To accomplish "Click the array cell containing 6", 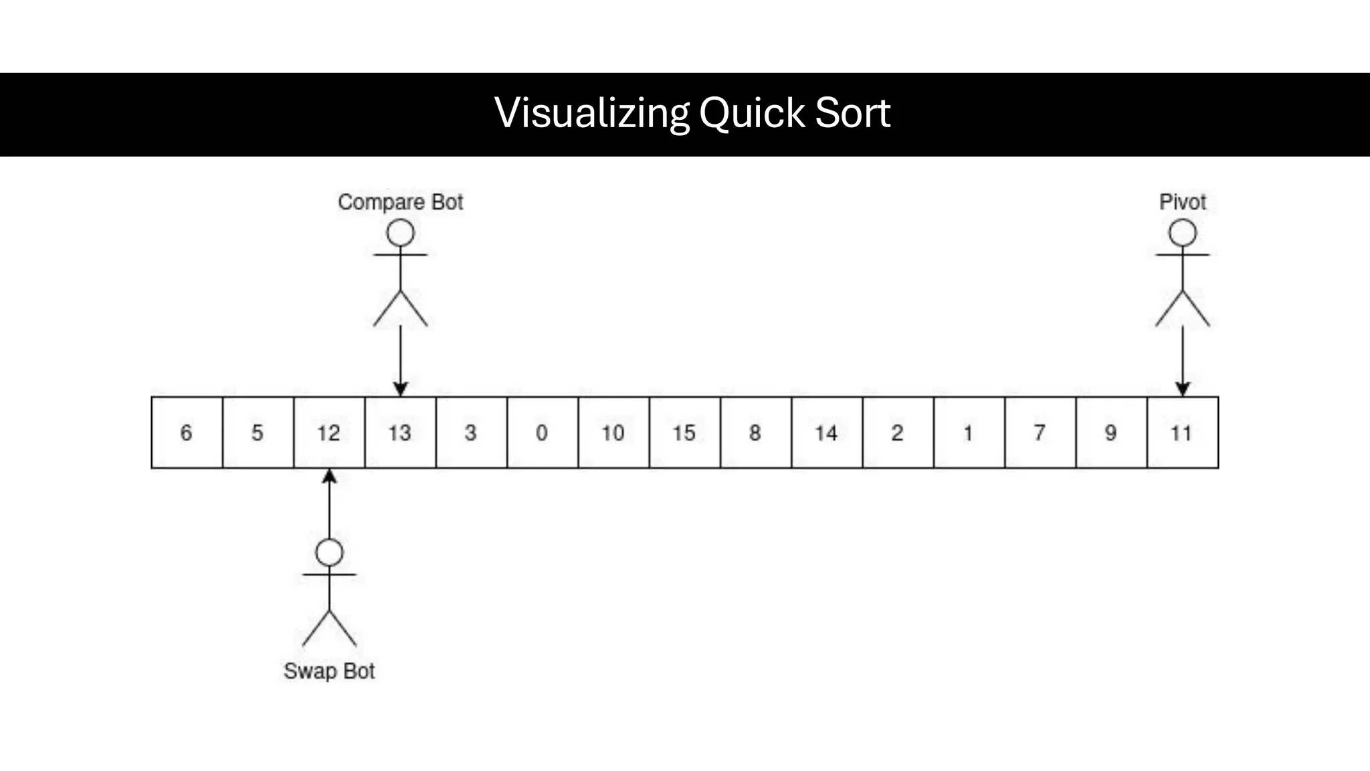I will (x=187, y=432).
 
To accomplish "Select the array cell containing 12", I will (x=329, y=432).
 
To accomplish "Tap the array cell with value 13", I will (x=400, y=432).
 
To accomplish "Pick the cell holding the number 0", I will (x=542, y=432).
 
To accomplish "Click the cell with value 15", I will (x=684, y=432).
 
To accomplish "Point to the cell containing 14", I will (x=827, y=432).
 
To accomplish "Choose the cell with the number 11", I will (x=1182, y=432).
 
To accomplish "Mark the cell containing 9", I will (x=1111, y=432).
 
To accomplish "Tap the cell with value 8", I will (x=755, y=432).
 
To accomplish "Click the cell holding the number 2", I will (x=898, y=432).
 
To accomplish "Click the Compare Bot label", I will (x=400, y=201).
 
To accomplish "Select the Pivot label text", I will (x=1182, y=201).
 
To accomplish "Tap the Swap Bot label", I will (x=329, y=671).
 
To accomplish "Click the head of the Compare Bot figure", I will (x=400, y=233).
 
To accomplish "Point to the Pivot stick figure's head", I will (x=1182, y=233).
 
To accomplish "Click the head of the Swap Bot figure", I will (x=329, y=553).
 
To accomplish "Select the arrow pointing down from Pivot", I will (x=1182, y=361).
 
